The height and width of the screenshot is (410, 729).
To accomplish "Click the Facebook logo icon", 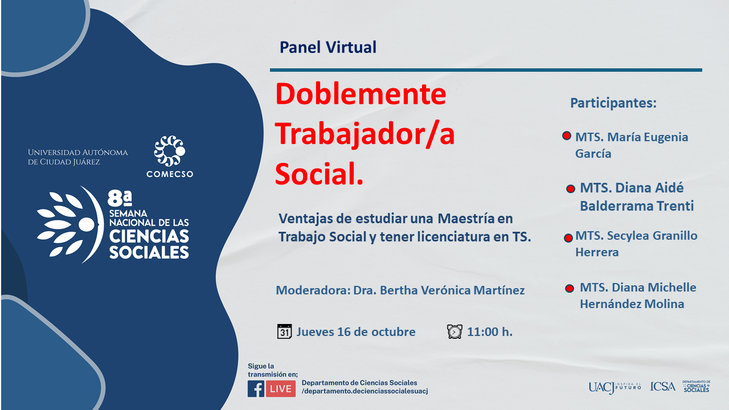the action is [256, 388].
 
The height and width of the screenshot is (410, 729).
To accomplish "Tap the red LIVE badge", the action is [281, 388].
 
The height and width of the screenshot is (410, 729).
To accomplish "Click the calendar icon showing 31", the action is [284, 331].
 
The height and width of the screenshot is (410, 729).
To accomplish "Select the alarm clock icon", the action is [454, 331].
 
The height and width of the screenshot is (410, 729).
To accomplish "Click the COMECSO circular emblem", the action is [170, 151].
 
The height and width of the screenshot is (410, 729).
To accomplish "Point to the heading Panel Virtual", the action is [328, 47].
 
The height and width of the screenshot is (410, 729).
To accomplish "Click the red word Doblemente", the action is [361, 94].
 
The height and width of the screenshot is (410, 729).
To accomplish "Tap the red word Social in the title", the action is [319, 174].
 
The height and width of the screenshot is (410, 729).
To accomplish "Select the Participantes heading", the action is [613, 103].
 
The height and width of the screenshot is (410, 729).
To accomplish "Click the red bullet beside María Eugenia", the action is [567, 136].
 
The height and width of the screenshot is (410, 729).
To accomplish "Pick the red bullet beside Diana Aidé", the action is [571, 188].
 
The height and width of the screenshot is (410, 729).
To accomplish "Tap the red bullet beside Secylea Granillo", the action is [568, 238].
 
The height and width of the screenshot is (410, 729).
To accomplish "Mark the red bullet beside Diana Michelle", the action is [570, 288].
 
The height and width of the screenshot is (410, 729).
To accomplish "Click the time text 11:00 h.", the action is [490, 332].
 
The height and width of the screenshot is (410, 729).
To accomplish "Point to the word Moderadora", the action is [313, 290].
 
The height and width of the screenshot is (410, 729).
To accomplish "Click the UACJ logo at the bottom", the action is [615, 387].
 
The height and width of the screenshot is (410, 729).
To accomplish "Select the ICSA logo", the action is [662, 387].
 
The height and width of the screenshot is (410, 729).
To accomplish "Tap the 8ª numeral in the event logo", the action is [120, 199].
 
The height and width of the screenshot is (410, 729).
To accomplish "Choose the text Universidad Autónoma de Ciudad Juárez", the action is [78, 157].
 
